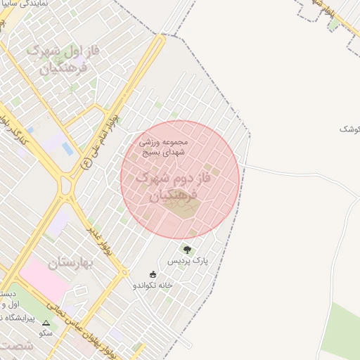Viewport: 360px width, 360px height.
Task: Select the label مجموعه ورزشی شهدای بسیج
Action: pos(162,146)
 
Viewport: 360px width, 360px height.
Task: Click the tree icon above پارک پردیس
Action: pos(187,249)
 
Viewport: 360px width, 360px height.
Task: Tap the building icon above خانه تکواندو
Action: pos(153,274)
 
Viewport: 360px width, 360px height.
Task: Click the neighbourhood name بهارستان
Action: pos(71,264)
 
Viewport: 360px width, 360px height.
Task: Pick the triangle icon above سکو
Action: pos(46,324)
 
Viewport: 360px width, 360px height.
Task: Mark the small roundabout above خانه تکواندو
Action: pos(124,272)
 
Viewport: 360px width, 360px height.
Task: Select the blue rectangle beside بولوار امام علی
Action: pos(67,148)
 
